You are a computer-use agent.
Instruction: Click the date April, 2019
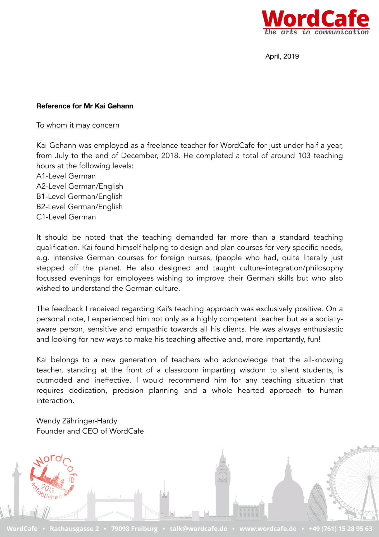[282, 56]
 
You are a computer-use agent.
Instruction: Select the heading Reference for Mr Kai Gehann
[85, 106]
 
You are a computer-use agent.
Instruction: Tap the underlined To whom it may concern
[78, 125]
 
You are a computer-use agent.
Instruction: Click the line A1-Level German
[66, 176]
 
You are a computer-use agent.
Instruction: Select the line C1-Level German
[66, 217]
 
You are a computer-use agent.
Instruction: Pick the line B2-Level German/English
[79, 207]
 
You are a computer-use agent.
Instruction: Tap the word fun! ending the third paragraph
[314, 340]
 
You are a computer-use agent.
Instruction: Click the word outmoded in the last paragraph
[54, 380]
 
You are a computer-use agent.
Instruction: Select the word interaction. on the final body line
[55, 401]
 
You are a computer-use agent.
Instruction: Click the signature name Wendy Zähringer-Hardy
[77, 421]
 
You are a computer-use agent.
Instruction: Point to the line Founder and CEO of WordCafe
[90, 431]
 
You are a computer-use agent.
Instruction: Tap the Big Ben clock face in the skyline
[222, 476]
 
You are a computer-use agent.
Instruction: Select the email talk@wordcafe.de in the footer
[198, 529]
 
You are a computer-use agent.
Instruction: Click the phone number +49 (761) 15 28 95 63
[340, 529]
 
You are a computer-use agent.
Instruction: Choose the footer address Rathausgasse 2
[74, 529]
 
